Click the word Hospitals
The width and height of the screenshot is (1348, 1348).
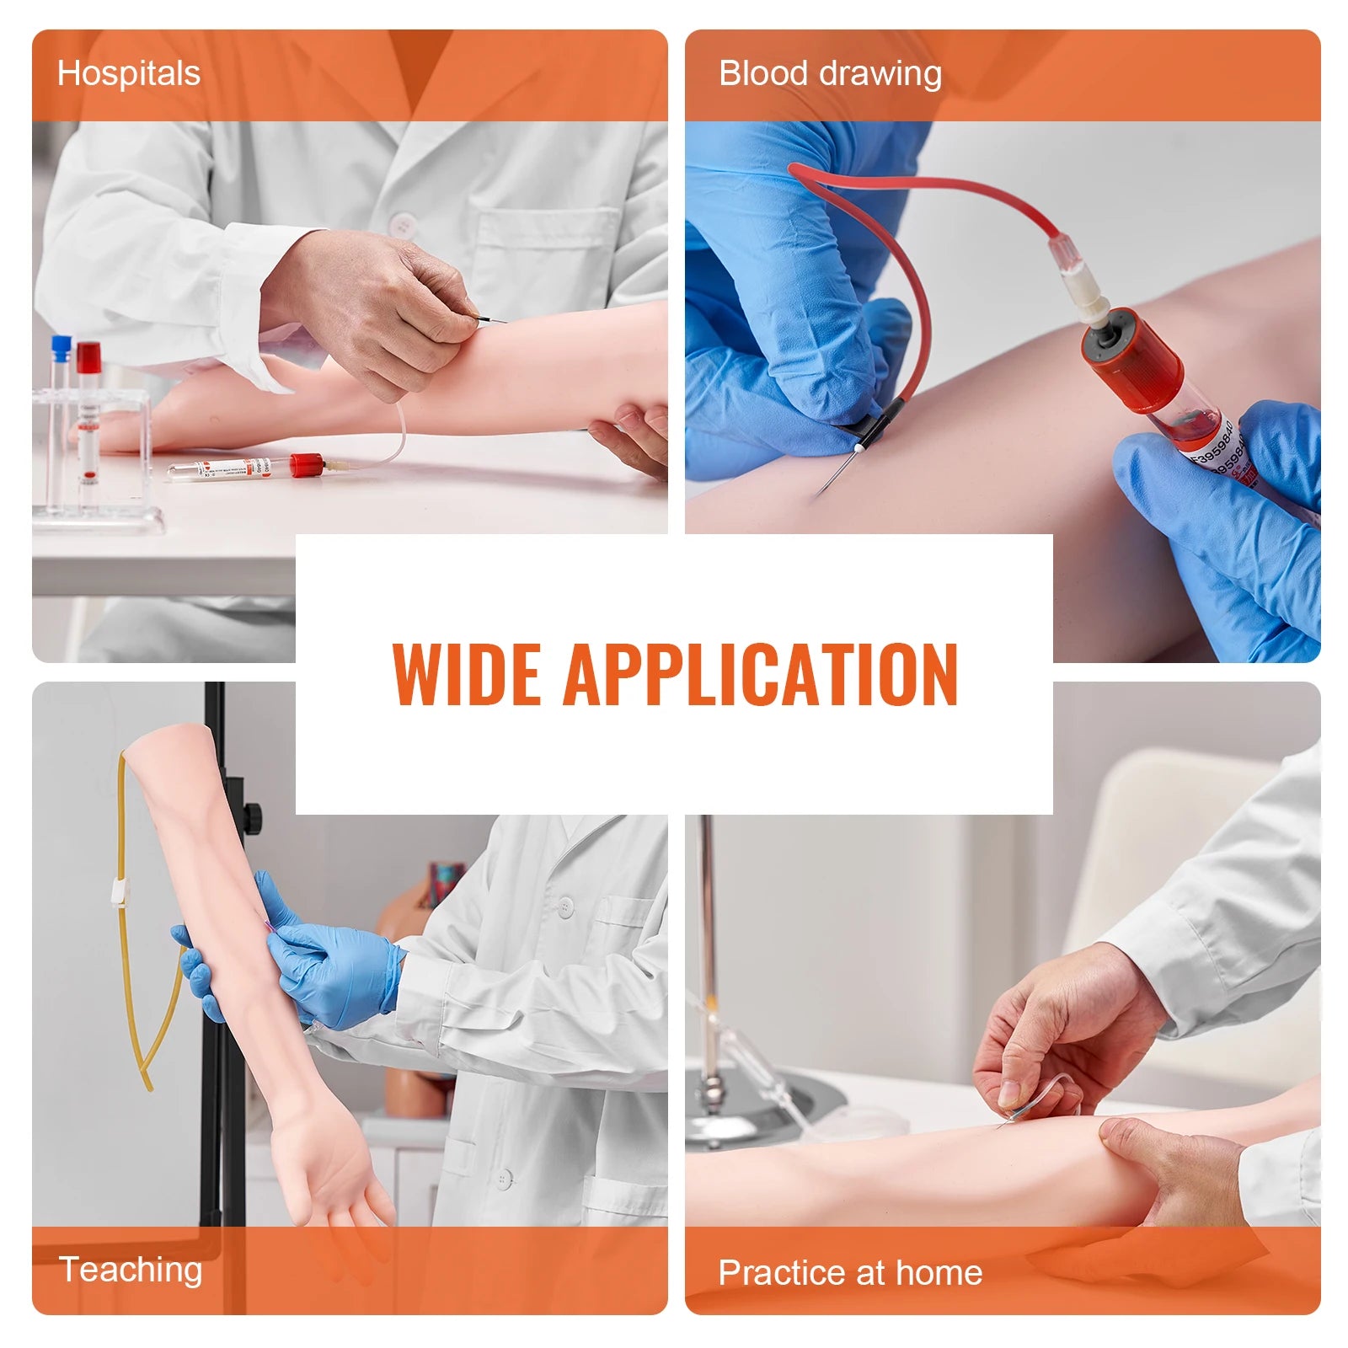point(128,73)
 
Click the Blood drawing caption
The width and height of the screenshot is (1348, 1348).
point(829,73)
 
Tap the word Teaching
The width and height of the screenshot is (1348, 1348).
point(131,1270)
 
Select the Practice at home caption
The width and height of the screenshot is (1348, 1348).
point(849,1272)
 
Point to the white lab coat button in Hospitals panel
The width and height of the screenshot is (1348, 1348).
point(402,225)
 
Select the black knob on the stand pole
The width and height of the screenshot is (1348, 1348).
point(252,816)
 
